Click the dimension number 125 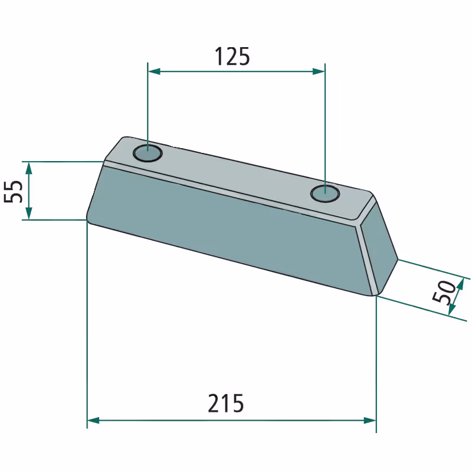(232, 56)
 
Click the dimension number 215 (226, 403)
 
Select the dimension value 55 (13, 191)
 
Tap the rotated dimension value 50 (444, 291)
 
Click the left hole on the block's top (147, 153)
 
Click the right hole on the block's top (325, 194)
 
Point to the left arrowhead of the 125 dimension (153, 71)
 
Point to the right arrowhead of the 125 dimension (319, 71)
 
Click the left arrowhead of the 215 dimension (93, 421)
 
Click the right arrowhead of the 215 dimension (370, 421)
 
